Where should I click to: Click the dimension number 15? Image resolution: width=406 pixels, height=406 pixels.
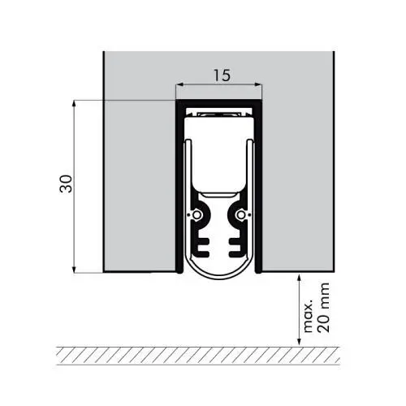pyautogui.click(x=221, y=75)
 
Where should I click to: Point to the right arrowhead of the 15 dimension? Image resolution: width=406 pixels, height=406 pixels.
pyautogui.click(x=261, y=84)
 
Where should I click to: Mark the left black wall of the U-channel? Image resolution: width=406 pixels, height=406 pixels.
pyautogui.click(x=178, y=187)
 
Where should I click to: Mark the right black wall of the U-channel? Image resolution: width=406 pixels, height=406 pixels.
pyautogui.click(x=259, y=187)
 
